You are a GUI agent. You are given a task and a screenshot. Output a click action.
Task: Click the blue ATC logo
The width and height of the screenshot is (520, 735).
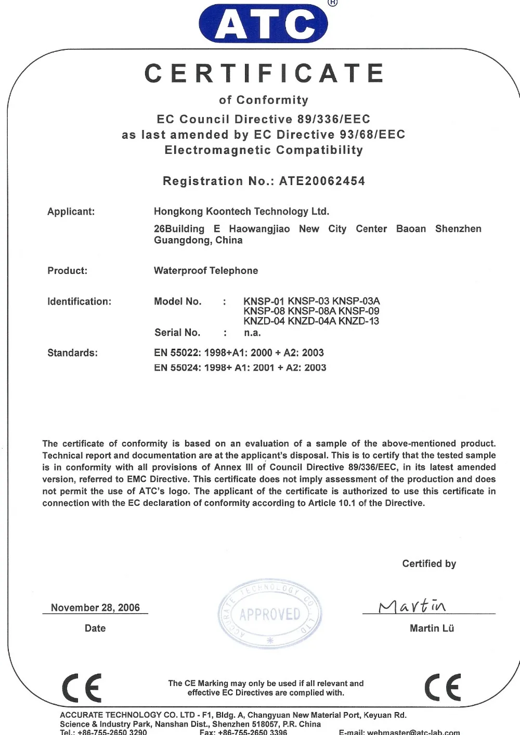click(x=263, y=23)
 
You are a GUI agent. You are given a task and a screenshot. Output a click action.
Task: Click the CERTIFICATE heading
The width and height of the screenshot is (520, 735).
click(x=264, y=73)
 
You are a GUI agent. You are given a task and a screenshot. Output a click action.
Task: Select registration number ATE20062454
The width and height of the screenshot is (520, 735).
click(x=322, y=181)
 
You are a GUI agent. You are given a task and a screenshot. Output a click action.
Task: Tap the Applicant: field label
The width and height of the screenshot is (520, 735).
click(x=71, y=212)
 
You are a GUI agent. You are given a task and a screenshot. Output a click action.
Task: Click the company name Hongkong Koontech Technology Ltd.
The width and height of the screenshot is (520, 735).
click(x=241, y=212)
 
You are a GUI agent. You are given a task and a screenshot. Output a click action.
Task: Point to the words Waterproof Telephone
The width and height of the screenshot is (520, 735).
click(x=206, y=271)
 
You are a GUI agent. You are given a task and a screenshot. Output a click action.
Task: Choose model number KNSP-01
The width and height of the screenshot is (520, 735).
click(x=264, y=301)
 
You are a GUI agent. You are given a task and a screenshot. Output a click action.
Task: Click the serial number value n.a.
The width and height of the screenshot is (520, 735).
click(x=253, y=333)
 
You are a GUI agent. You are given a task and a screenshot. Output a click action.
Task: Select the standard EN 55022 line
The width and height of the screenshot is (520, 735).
click(x=239, y=353)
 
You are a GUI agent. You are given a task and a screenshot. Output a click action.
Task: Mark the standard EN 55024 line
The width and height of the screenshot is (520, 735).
click(x=240, y=368)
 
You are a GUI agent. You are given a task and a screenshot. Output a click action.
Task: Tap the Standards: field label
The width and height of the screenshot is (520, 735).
click(x=72, y=353)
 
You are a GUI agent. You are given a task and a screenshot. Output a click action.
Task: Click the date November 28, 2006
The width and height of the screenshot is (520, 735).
click(x=95, y=608)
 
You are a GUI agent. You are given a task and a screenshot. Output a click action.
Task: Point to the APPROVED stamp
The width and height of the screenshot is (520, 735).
click(x=270, y=614)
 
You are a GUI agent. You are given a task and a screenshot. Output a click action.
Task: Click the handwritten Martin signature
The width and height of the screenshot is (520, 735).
click(x=412, y=606)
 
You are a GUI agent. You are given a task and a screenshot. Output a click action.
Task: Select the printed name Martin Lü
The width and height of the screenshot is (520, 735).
click(x=432, y=628)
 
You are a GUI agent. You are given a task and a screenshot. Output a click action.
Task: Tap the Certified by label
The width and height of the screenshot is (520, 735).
click(x=429, y=564)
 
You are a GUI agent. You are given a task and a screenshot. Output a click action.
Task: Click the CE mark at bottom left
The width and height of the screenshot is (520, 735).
click(x=82, y=688)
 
